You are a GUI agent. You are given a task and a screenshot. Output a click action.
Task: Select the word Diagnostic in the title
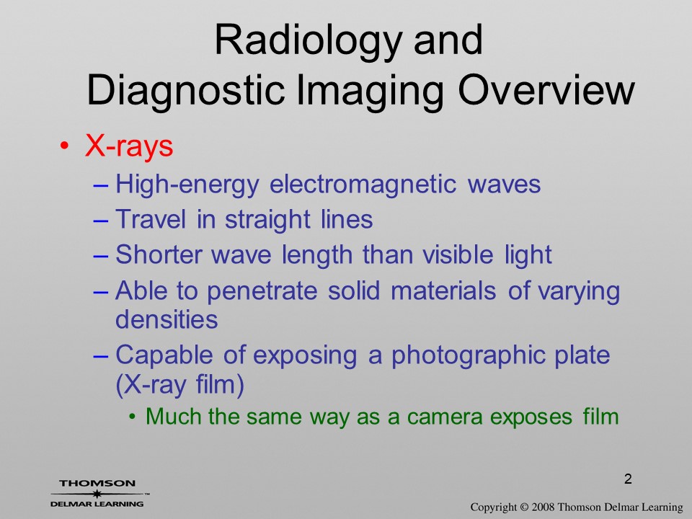pos(185,90)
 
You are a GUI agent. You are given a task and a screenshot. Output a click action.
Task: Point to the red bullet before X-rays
pos(64,146)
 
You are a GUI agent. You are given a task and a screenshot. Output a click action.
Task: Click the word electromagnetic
pos(363,184)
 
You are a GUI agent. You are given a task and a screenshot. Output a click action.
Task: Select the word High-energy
pos(187,185)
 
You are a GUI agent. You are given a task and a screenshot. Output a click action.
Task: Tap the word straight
pos(267,219)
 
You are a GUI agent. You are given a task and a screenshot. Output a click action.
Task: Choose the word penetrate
pos(262,292)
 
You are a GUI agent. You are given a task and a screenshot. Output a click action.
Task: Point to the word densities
pos(167,319)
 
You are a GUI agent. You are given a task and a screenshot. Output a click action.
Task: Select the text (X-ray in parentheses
pos(151,385)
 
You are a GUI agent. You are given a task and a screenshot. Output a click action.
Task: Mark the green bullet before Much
pos(131,416)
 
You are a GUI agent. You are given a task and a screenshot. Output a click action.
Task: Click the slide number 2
pos(628,479)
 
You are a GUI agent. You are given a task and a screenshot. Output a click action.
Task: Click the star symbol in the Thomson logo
pos(97,494)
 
